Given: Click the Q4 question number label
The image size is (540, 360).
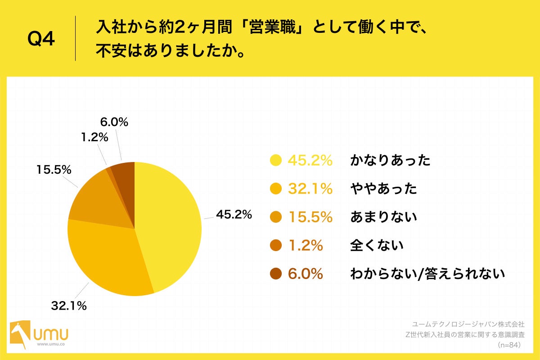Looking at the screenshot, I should pos(41,40).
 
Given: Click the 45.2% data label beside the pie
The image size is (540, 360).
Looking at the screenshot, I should pos(234,215).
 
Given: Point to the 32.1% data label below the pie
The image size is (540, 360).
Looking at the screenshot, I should pos(68,306).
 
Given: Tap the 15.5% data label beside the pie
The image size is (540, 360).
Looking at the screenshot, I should pos(54,170).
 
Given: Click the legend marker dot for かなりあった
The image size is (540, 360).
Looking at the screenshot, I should pos(275,160).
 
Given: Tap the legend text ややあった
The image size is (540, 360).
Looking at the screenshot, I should pos(383,189).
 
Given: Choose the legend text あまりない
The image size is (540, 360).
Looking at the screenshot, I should pos(383,217).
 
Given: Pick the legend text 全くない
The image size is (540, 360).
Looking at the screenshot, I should pos(377,246).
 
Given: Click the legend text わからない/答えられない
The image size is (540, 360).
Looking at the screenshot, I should pos(427,274).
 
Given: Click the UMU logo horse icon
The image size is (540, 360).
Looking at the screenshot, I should pos(18,334).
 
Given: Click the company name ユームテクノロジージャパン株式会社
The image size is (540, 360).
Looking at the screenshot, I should pos(468,324).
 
